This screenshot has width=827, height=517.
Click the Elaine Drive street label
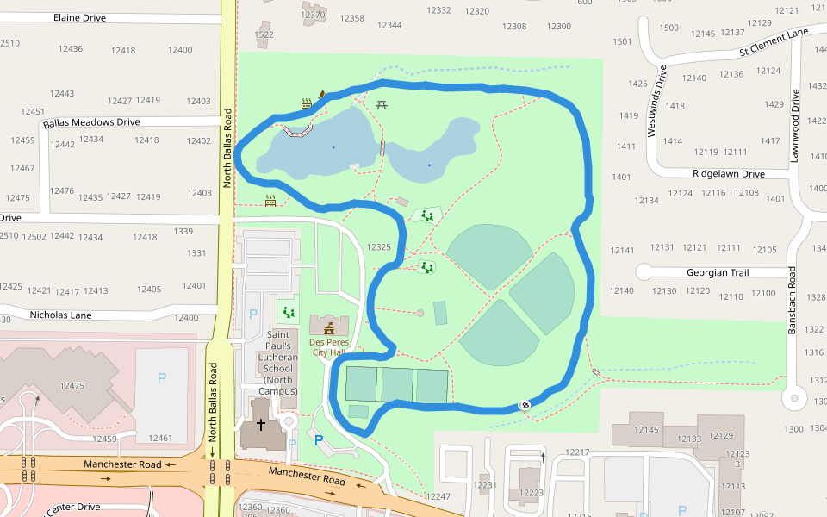79,17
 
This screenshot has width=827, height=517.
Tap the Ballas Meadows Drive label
91,122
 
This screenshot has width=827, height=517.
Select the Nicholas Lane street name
60,315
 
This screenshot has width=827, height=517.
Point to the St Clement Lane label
774,42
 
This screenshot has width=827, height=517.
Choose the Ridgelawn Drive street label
728,173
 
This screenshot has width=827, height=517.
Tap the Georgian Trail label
718,272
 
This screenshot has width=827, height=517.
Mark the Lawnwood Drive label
795,128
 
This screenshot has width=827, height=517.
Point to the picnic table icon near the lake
382,105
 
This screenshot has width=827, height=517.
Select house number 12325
378,247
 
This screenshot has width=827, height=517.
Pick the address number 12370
314,15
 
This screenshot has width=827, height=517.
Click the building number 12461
160,439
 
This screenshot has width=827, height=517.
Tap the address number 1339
183,231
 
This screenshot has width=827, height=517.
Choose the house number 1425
637,84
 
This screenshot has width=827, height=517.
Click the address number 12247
438,496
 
